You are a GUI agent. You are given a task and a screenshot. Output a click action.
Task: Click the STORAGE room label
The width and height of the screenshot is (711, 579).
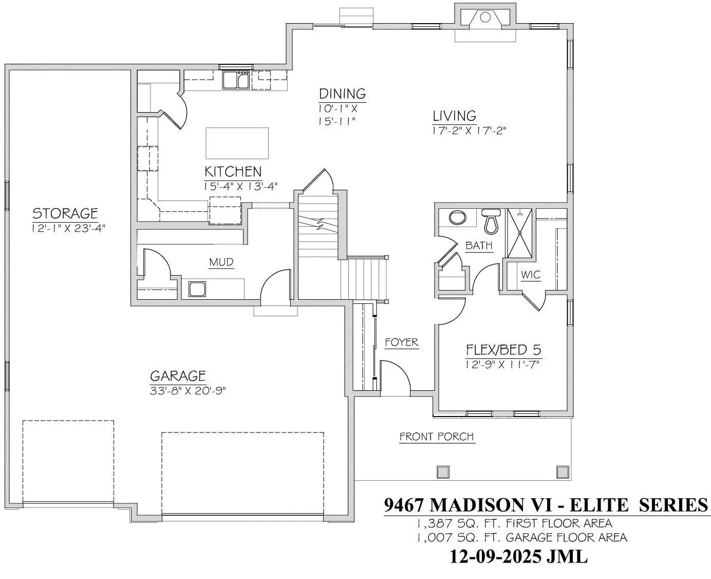pos(65,213)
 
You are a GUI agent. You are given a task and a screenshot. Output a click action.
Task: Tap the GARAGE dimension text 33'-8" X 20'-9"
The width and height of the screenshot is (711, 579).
pos(188,391)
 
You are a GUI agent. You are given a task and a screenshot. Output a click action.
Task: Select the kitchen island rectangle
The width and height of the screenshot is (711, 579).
pos(237,143)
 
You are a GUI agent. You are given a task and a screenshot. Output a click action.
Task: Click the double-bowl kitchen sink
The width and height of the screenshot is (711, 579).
pos(236,80)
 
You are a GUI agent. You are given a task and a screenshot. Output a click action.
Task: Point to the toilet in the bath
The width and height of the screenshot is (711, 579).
pos(491,221)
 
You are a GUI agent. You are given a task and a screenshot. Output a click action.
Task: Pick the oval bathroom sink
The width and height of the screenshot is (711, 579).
pos(457,217)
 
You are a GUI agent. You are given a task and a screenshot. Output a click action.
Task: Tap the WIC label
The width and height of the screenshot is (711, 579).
pos(531,275)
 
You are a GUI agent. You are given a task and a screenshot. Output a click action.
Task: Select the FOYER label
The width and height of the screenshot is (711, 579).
pos(402,342)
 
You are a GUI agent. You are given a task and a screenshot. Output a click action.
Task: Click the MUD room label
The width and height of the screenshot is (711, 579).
pos(221,262)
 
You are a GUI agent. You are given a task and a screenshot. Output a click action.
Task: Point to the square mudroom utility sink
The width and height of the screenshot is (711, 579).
pos(197,289)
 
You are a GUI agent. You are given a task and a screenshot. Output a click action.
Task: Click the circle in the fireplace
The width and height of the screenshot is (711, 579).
pos(485,17)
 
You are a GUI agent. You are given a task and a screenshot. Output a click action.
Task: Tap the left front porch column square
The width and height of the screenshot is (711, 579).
pos(443,472)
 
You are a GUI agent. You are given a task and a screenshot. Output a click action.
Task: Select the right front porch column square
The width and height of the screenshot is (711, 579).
pos(563,472)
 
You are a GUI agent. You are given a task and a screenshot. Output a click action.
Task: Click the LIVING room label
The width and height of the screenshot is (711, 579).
pos(454,116)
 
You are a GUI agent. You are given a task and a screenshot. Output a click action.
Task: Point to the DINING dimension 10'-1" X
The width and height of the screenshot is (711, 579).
pos(338,108)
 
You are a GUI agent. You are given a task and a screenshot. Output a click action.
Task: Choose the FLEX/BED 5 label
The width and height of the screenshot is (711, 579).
pos(503,350)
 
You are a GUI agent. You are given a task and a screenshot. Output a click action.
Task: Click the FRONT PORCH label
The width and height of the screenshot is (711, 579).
pos(437,437)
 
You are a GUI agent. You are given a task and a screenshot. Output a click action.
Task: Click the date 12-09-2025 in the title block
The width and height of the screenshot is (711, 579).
pos(496,556)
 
